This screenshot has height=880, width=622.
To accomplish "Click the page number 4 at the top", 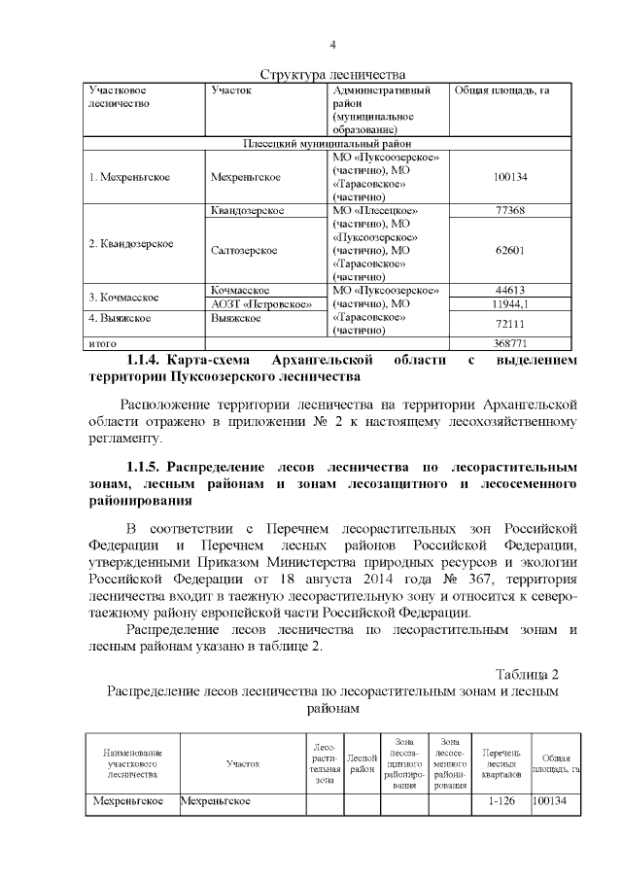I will coord(332,45).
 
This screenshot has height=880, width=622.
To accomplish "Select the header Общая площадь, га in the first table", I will coord(501,90).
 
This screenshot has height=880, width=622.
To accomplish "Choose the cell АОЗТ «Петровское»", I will coord(260,303).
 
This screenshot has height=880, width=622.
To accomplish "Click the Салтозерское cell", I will coord(244,250).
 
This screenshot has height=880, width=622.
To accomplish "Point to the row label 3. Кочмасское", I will coord(124,297).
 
